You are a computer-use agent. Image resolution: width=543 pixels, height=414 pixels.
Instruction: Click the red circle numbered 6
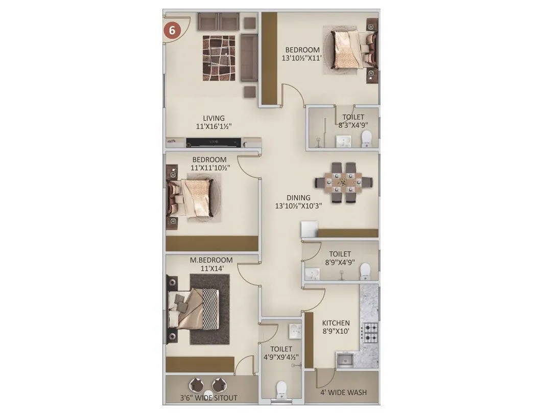point(172,30)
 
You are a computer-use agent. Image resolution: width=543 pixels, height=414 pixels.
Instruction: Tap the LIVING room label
point(214,118)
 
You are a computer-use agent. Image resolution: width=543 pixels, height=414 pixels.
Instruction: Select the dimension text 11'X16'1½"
point(214,126)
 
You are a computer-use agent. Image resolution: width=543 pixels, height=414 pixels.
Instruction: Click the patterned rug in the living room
point(219,58)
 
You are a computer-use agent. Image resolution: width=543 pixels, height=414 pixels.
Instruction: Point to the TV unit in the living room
point(214,142)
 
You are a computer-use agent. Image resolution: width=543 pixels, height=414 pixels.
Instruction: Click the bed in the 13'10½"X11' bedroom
point(349,50)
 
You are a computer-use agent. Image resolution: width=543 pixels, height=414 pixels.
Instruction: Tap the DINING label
point(298,198)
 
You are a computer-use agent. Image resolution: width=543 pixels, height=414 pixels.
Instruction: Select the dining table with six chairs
point(344,182)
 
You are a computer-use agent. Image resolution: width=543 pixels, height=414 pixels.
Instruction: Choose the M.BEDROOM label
point(211,260)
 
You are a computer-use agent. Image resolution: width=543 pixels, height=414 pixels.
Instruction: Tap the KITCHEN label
point(336,323)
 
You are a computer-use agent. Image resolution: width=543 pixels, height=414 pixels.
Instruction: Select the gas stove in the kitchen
point(370,332)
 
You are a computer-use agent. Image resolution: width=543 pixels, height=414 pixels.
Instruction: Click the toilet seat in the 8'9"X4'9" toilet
point(365,271)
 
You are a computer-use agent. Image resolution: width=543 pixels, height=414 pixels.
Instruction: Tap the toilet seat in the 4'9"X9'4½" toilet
point(281,390)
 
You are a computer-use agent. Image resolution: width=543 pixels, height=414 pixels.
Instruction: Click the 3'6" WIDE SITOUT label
point(208,398)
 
